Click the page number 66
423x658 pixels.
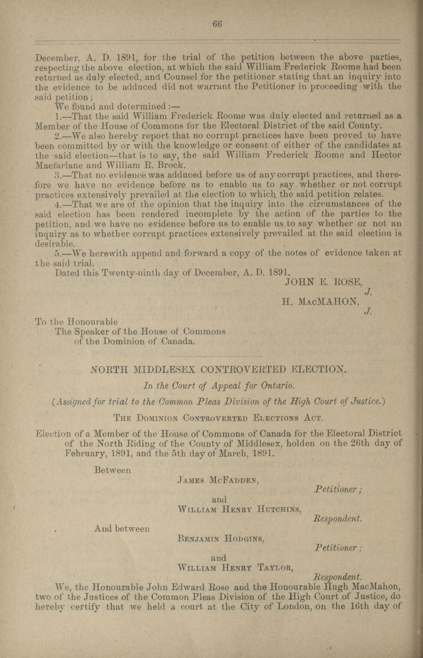coord(217,24)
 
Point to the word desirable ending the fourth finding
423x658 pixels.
coord(55,243)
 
